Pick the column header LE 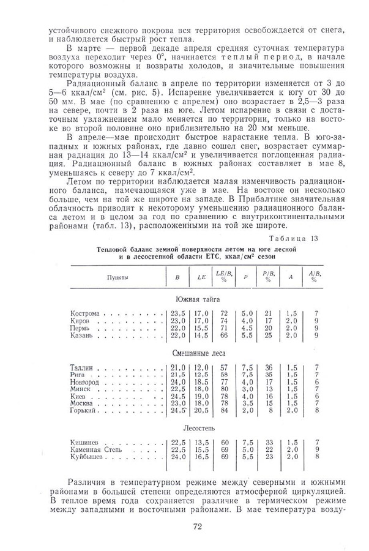point(201,277)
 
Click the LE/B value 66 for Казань point(225,335)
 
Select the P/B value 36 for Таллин point(267,367)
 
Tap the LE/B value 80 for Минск point(225,389)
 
